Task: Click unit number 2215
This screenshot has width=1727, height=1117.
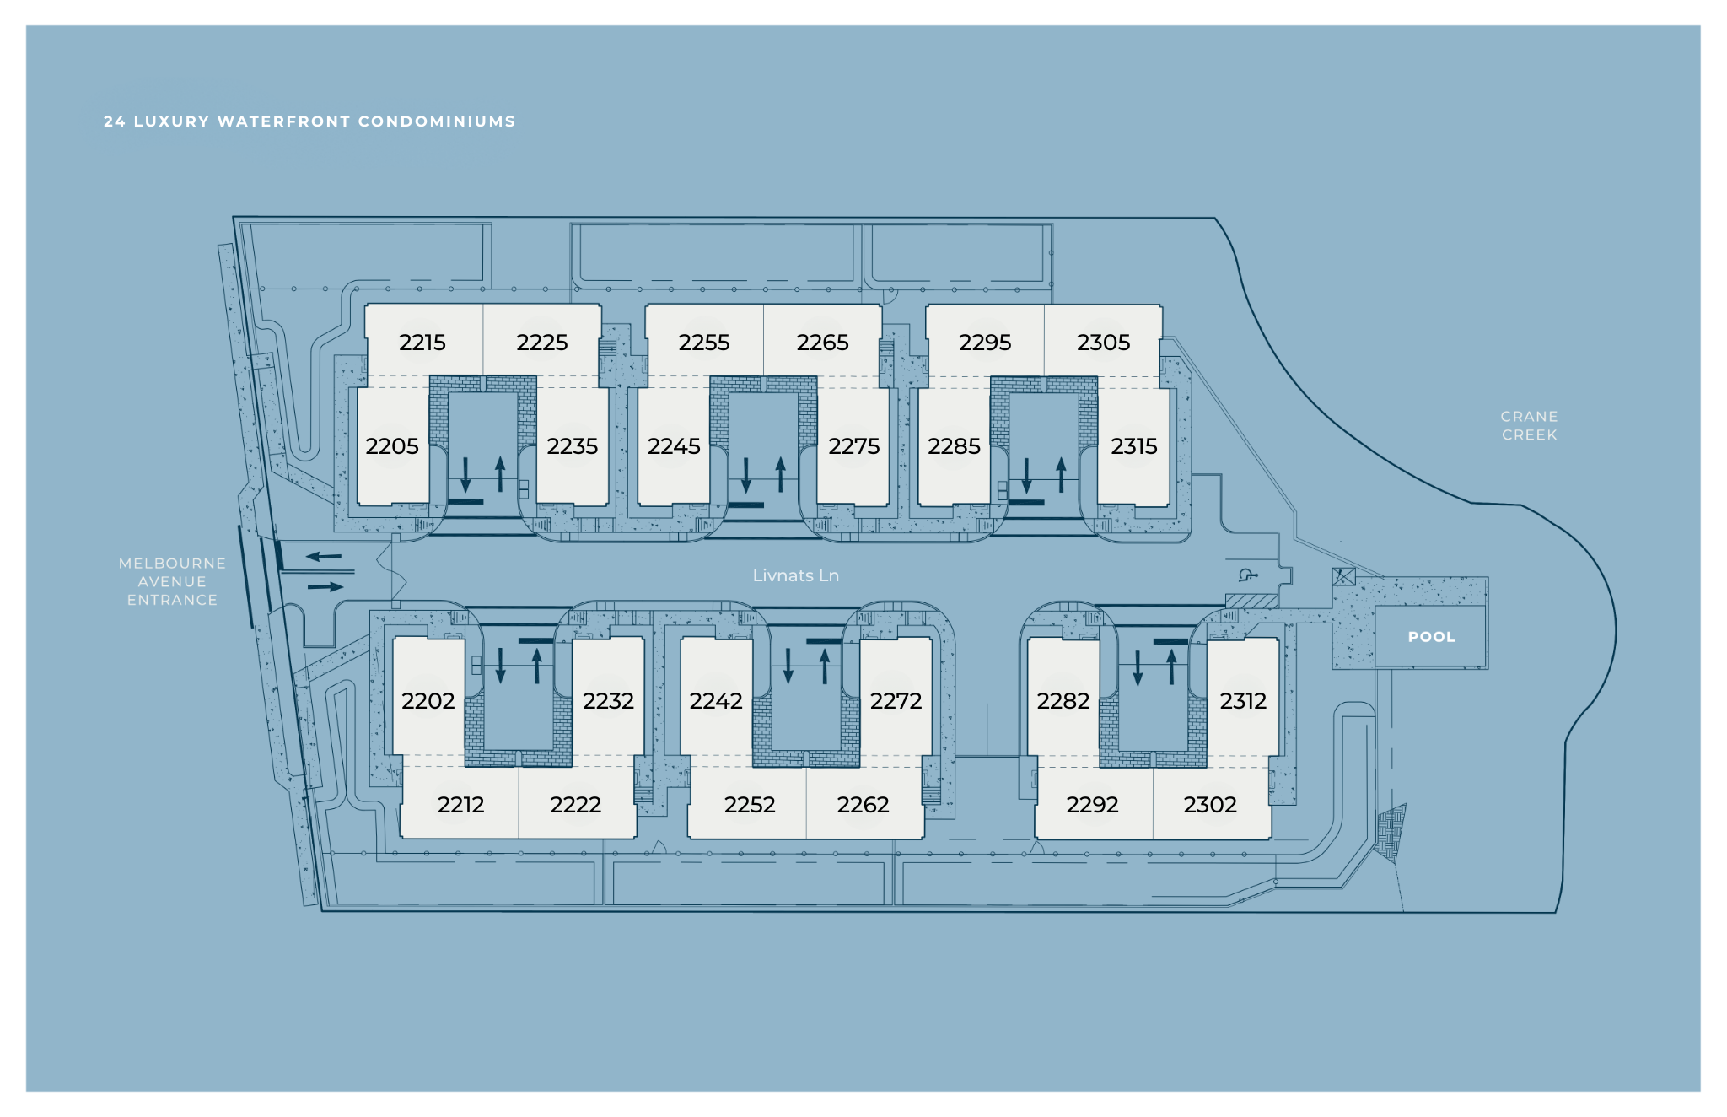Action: point(422,343)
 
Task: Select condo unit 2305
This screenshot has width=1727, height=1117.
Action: point(1103,343)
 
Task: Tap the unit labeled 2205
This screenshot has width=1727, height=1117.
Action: point(391,446)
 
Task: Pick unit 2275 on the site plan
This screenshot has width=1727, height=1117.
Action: point(853,446)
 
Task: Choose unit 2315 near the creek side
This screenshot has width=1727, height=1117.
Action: point(1133,446)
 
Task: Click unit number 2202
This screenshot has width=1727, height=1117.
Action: point(428,701)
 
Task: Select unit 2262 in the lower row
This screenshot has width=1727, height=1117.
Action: point(863,805)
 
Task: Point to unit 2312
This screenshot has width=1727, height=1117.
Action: point(1243,701)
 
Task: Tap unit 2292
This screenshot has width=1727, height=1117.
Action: point(1092,805)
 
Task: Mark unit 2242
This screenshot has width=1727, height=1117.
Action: point(716,701)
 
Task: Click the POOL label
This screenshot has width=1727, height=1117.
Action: point(1431,637)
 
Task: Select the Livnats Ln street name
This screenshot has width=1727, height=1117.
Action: point(795,575)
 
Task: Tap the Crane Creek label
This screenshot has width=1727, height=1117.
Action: point(1529,425)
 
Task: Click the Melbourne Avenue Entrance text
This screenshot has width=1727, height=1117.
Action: point(172,581)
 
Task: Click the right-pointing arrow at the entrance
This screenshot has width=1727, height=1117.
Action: point(325,586)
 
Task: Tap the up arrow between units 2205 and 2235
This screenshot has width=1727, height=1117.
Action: point(500,474)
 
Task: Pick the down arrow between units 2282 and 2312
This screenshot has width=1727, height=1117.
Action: point(1138,667)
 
